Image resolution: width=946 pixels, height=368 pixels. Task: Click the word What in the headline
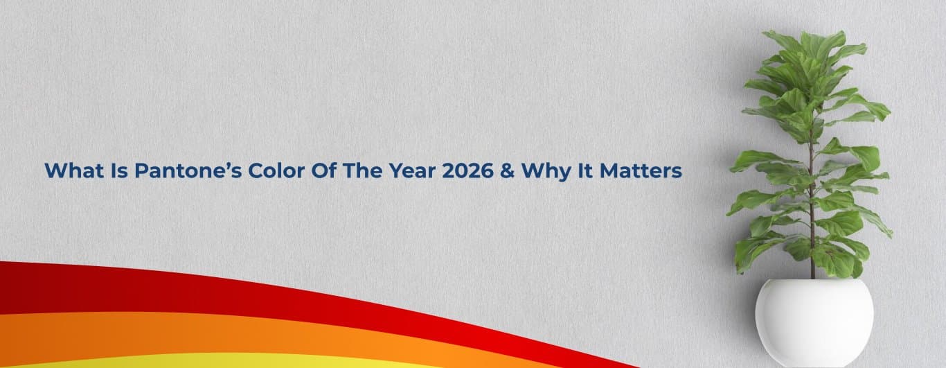74,170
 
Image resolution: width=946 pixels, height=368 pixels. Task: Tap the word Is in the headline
120,170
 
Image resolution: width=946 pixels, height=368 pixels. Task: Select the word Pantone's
188,170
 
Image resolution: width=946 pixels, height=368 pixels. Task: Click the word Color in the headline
276,170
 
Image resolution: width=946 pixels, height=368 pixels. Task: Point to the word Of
323,170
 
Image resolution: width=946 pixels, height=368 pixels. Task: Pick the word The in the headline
362,170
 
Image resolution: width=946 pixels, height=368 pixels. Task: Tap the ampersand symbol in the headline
507,170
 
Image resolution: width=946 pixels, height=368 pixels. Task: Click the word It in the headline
585,170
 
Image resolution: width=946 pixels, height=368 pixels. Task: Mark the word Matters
641,170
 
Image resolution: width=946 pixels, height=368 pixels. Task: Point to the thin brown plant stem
812,203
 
